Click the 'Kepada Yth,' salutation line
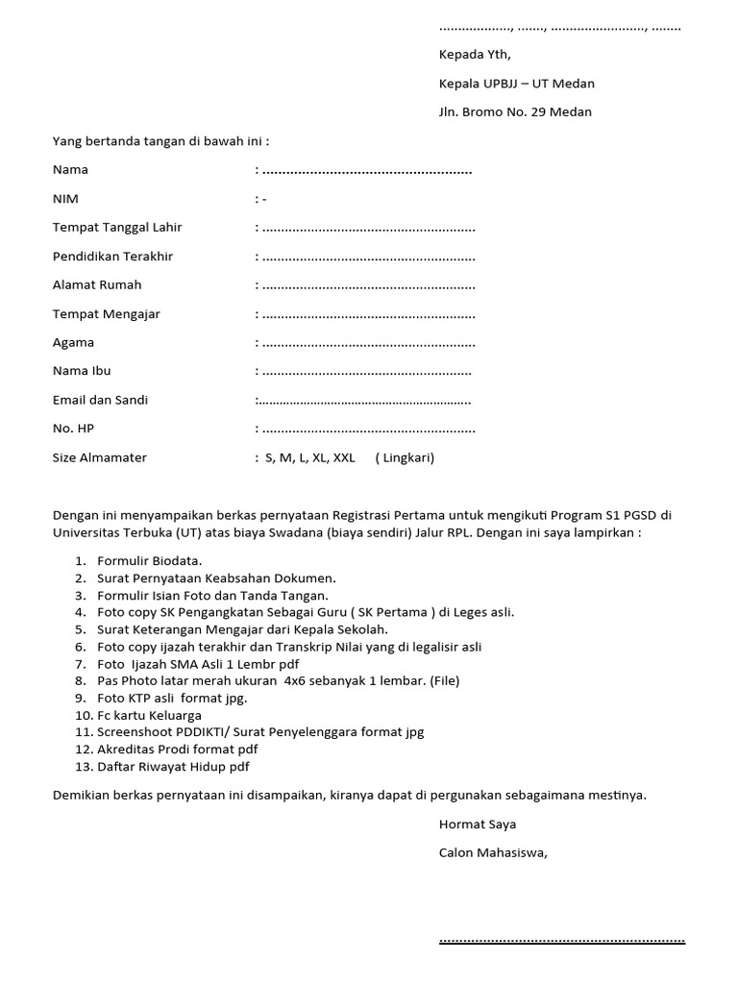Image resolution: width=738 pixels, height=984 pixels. pos(475,55)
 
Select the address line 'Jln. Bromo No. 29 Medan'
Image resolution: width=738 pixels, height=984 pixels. pos(515,112)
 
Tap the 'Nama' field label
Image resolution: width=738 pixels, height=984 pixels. pos(70,170)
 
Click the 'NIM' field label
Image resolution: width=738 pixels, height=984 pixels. pos(65,199)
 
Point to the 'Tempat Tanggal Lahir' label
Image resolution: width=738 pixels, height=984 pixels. pos(117,228)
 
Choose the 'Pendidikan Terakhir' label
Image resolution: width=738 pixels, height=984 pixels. pos(112,257)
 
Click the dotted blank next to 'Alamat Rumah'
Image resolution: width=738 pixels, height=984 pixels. pos(368,286)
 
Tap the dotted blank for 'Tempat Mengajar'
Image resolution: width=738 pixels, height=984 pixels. pos(368,315)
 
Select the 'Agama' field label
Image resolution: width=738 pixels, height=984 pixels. pos(73,343)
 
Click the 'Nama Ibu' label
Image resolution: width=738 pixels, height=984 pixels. pos(82,371)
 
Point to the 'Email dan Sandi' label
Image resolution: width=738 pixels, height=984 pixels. pos(100,400)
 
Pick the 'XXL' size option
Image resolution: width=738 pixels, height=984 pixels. pos(343,458)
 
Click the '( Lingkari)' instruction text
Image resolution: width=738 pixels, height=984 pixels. pos(405,458)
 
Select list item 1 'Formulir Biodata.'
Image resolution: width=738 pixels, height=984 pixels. pos(150,560)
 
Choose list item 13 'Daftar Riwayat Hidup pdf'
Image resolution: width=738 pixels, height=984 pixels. pos(173,767)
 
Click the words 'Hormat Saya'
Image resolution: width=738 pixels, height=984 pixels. pos(478,824)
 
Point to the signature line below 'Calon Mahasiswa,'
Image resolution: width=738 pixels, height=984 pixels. pos(562,941)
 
